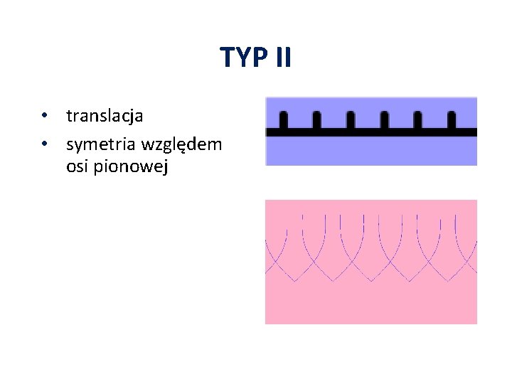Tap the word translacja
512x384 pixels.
(x=105, y=114)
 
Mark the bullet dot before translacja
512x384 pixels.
(x=44, y=115)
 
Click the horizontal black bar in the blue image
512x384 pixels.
(x=370, y=132)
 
